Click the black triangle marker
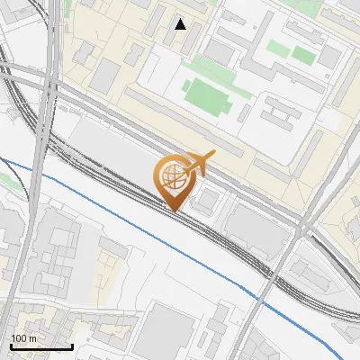click(x=181, y=24)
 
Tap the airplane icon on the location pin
click(x=199, y=163)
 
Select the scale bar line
click(x=41, y=346)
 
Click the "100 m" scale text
click(x=24, y=338)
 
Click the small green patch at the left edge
click(x=4, y=179)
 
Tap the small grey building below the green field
click(x=246, y=112)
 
